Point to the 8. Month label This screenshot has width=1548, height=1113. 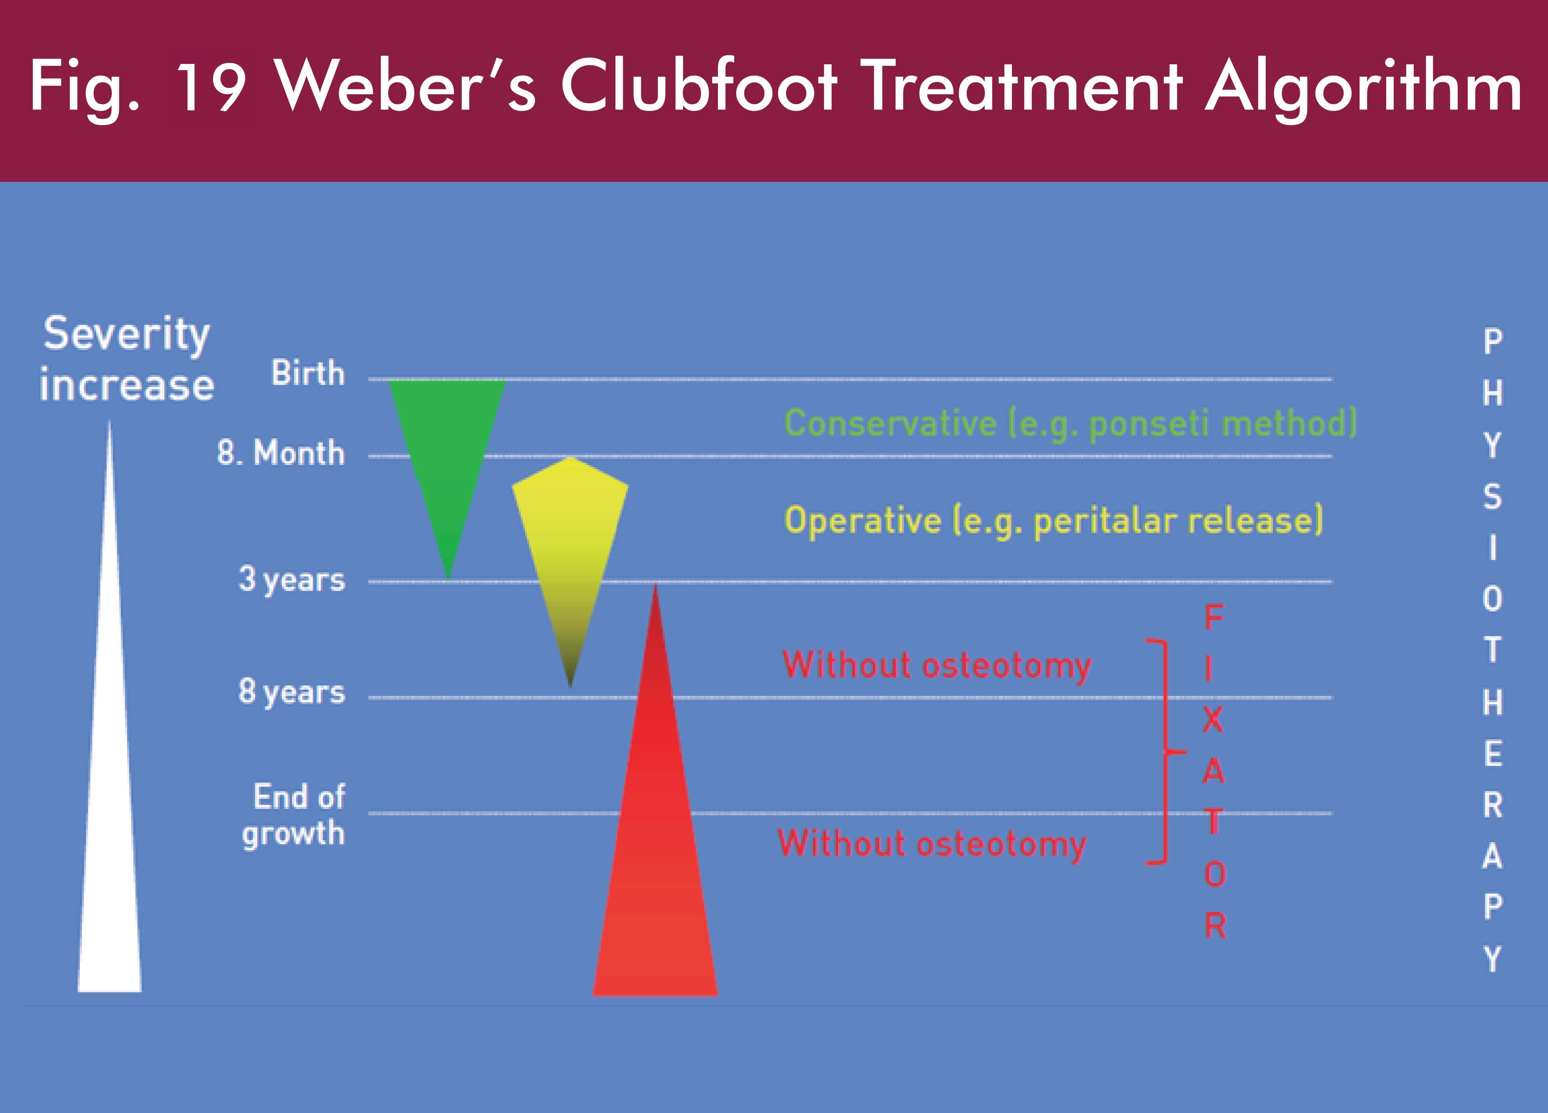point(281,452)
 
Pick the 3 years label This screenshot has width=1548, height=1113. point(292,580)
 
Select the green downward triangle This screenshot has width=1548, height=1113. point(447,464)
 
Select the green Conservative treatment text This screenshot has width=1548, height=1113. point(1070,423)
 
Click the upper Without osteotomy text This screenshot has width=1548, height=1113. point(936,665)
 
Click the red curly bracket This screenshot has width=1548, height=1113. point(1166,752)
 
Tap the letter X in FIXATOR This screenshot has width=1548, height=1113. point(1213,719)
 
